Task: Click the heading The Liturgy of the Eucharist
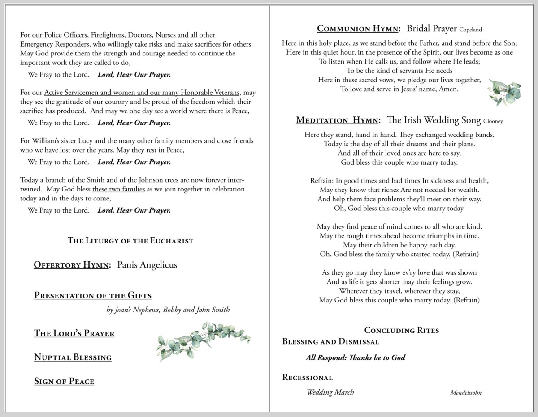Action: pyautogui.click(x=130, y=241)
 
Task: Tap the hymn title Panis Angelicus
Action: pyautogui.click(x=147, y=265)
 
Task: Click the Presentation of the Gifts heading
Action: pyautogui.click(x=93, y=296)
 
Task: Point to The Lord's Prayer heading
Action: pyautogui.click(x=74, y=333)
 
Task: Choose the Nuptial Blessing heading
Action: pyautogui.click(x=73, y=357)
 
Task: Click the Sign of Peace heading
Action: pyautogui.click(x=64, y=382)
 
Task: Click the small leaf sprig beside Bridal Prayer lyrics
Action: pyautogui.click(x=504, y=92)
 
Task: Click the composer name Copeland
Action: pyautogui.click(x=470, y=30)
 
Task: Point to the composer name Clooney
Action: pyautogui.click(x=493, y=121)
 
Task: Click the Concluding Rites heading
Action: pyautogui.click(x=401, y=331)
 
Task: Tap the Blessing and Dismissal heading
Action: pyautogui.click(x=330, y=342)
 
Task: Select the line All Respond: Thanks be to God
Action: pyautogui.click(x=356, y=357)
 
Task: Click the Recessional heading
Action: pyautogui.click(x=307, y=378)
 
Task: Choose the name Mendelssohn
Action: pyautogui.click(x=466, y=393)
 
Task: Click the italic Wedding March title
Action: pyautogui.click(x=330, y=392)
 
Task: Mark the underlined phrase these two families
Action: pyautogui.click(x=118, y=189)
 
